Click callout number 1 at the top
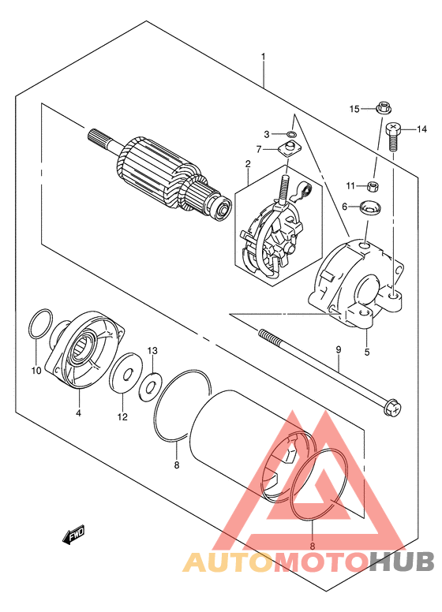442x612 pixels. click(263, 57)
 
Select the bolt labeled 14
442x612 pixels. click(394, 137)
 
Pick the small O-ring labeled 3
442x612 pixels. click(291, 135)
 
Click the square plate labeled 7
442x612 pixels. click(288, 150)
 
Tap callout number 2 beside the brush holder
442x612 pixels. click(248, 164)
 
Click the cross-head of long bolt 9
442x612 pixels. click(393, 407)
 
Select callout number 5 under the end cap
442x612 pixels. click(367, 352)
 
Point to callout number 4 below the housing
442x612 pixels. click(78, 412)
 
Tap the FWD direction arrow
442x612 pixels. click(73, 535)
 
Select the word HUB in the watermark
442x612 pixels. click(402, 562)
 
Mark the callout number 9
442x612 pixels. click(338, 349)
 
